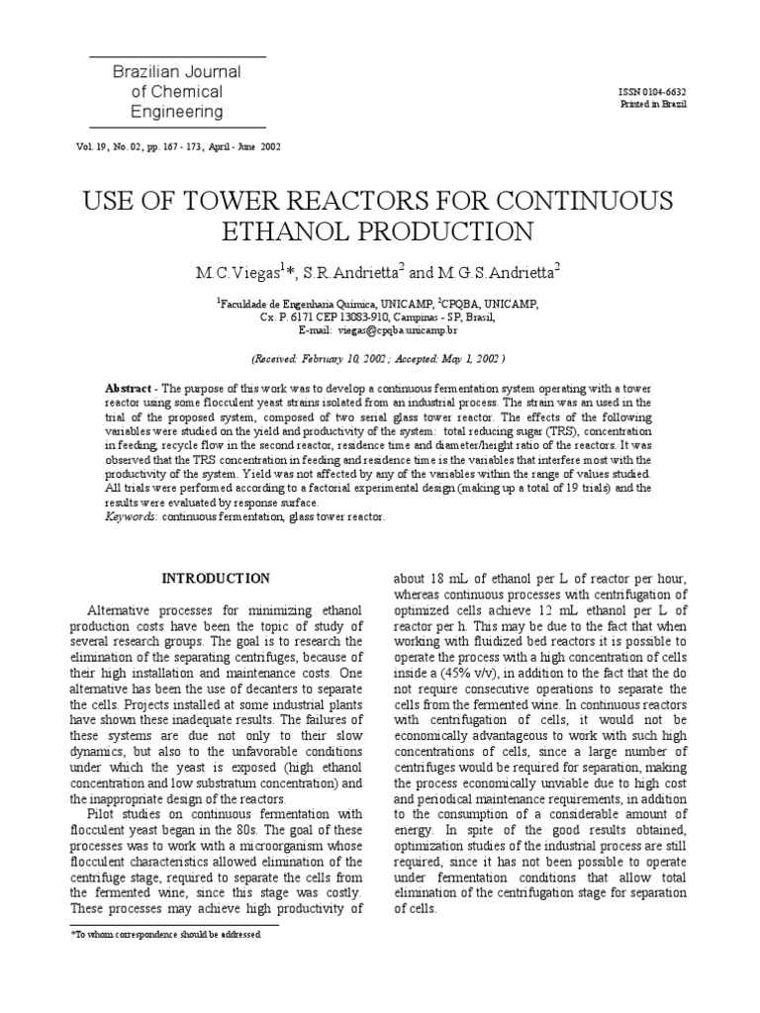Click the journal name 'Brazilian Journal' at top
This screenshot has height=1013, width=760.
pyautogui.click(x=177, y=72)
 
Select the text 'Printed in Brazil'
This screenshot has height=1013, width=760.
pyautogui.click(x=652, y=104)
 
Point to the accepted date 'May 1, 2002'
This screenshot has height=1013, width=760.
pyautogui.click(x=469, y=359)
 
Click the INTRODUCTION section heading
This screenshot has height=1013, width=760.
pyautogui.click(x=216, y=578)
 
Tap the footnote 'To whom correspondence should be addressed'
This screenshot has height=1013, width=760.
pyautogui.click(x=168, y=934)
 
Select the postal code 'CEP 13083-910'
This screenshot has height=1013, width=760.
pyautogui.click(x=349, y=318)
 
